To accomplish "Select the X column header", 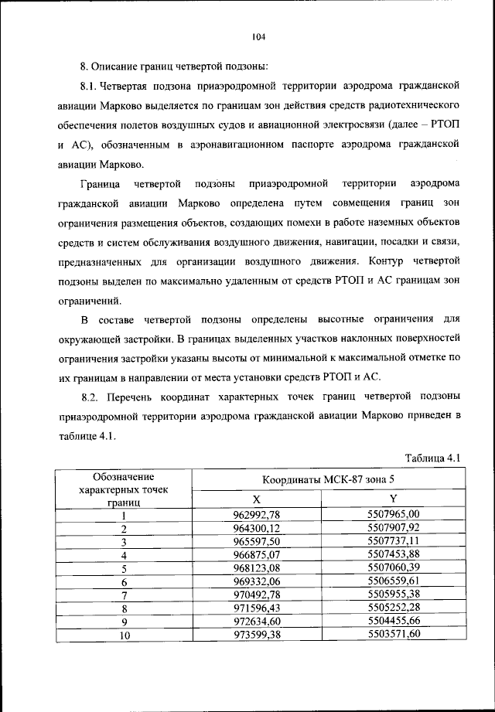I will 257,499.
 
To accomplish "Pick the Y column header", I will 393,499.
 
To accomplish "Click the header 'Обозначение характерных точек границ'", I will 124,489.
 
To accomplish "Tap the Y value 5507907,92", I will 393,528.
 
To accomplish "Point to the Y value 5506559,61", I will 393,582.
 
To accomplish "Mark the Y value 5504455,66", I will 393,622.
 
